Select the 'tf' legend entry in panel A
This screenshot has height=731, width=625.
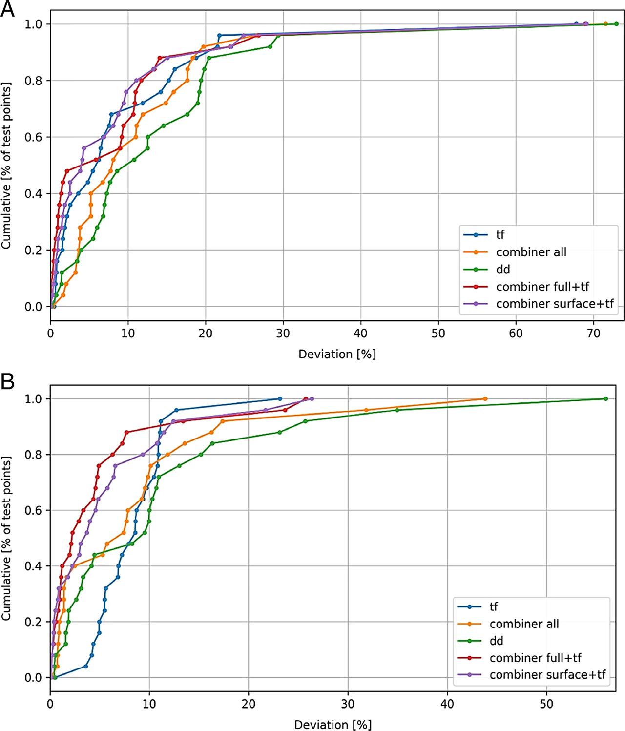500,235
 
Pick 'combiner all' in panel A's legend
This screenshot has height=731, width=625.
531,252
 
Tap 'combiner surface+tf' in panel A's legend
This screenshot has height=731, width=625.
554,304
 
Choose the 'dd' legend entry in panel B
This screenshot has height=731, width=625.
496,641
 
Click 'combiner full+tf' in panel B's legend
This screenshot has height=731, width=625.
535,658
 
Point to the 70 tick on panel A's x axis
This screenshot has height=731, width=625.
593,334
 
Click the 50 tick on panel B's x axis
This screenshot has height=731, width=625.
546,704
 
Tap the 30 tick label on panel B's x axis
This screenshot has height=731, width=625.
348,704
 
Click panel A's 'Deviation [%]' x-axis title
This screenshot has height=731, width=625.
337,354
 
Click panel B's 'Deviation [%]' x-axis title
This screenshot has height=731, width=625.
333,724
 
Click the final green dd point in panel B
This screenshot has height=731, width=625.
606,399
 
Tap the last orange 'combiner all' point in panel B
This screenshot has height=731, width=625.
485,399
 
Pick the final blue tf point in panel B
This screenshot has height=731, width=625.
280,399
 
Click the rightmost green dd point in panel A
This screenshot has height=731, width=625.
616,24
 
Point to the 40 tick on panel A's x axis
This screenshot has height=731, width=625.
361,334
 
